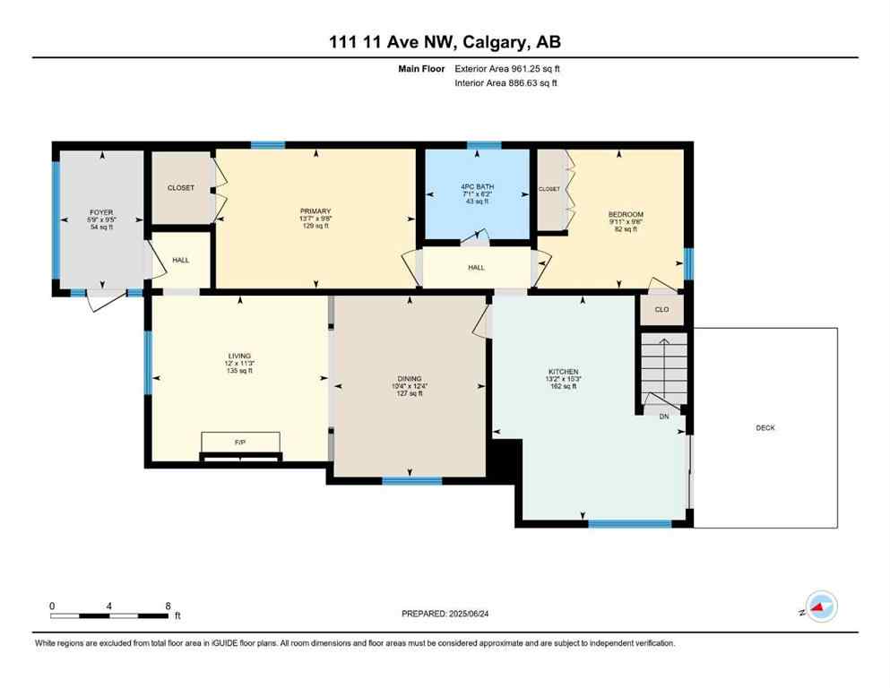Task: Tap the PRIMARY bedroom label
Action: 315,204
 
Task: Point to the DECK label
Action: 765,428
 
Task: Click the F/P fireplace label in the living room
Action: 239,443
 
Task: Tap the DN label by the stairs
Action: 663,417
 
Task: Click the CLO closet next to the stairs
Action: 661,310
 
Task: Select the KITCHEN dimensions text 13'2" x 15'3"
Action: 564,380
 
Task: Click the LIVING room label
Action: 239,356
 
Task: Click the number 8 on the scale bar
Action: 168,606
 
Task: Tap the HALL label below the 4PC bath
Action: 476,267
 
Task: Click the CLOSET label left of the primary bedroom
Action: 180,188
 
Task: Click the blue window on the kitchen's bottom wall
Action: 629,523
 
